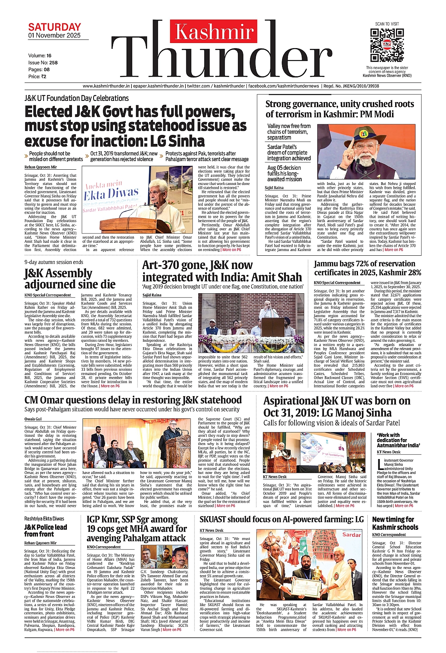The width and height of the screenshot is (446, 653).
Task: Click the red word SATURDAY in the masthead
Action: (54, 27)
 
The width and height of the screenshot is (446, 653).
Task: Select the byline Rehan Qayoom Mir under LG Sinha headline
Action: (41, 167)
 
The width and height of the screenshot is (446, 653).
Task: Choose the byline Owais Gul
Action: (33, 419)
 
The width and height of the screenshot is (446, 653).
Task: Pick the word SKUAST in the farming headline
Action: (215, 519)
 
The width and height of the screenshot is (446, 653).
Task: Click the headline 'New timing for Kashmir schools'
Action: (395, 523)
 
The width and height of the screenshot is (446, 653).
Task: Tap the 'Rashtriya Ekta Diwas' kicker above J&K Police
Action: (44, 518)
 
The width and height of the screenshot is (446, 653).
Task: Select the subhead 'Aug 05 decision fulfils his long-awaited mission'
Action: (285, 173)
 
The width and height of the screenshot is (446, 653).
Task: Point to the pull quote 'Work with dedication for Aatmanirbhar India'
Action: (398, 440)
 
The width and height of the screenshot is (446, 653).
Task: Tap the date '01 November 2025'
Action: (54, 36)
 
